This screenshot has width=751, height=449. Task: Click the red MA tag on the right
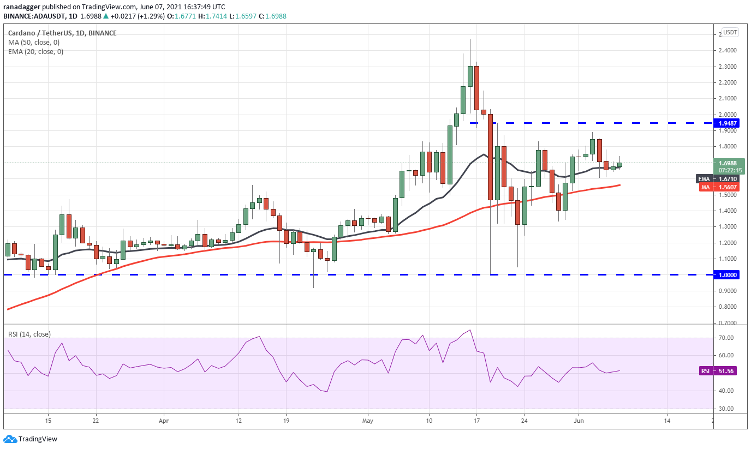tap(706, 187)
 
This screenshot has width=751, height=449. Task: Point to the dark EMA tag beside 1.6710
tap(705, 179)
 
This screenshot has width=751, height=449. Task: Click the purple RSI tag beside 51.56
tap(705, 371)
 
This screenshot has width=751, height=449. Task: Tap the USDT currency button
tap(730, 32)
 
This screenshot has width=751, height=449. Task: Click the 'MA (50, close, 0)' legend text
tap(33, 42)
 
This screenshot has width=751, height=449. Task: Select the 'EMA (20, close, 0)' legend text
tap(35, 52)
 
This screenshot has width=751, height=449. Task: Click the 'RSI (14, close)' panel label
tap(29, 334)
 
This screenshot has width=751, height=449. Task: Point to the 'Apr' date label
tap(164, 421)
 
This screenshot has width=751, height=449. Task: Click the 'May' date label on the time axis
tap(368, 421)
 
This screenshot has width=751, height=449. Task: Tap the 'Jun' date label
tap(579, 421)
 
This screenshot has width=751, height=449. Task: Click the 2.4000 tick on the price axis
tap(728, 51)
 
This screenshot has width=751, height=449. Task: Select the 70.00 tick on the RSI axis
tap(726, 338)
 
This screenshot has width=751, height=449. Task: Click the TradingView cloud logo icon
tap(10, 439)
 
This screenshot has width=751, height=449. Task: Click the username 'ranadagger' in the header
tap(22, 7)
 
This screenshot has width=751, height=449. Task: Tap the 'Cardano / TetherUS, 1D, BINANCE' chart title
tap(62, 33)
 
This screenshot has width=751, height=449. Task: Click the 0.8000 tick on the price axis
tap(728, 307)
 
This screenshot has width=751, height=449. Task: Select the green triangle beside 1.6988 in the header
tap(106, 16)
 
